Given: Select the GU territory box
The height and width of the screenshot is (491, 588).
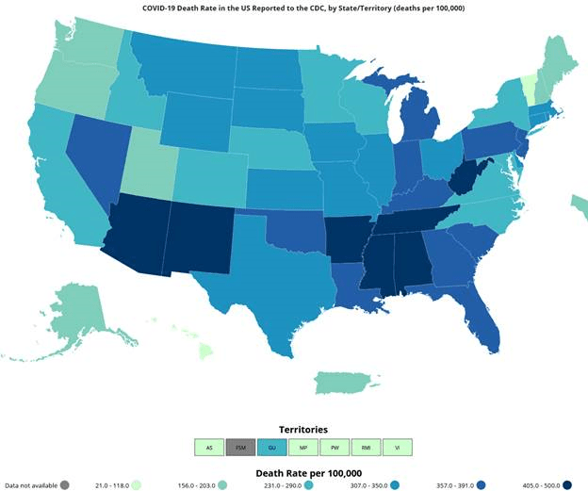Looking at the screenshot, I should tap(271, 448).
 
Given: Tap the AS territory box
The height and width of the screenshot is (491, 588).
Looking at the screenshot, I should tap(208, 448).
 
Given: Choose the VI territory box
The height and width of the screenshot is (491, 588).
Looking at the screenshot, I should tap(399, 448).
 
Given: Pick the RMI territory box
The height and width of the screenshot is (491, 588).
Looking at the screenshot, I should tap(367, 448).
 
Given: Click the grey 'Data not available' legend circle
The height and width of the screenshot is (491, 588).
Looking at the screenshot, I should tap(64, 484).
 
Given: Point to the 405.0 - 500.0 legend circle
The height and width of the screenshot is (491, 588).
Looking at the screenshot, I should tap(568, 484).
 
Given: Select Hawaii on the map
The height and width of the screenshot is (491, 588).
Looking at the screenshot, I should tap(204, 352).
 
